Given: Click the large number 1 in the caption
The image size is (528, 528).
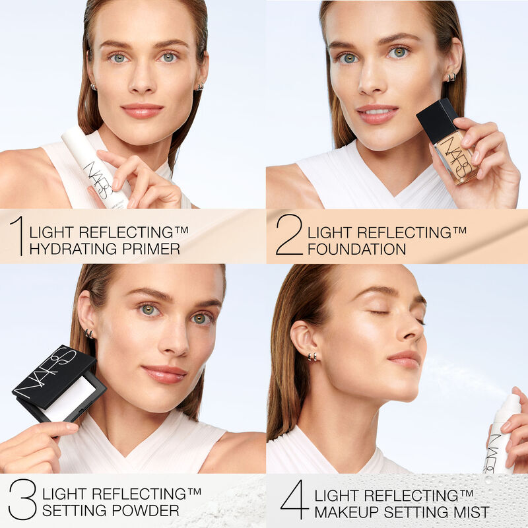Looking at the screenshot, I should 18,236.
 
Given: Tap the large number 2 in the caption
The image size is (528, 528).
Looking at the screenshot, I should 289,236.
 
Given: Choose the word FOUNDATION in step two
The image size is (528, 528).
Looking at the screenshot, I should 356,249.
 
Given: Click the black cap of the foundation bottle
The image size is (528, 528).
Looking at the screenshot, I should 436,120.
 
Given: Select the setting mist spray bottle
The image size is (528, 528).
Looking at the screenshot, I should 502,439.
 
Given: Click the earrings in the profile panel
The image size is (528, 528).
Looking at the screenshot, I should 312,356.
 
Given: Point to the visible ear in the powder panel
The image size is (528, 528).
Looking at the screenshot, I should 85,317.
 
